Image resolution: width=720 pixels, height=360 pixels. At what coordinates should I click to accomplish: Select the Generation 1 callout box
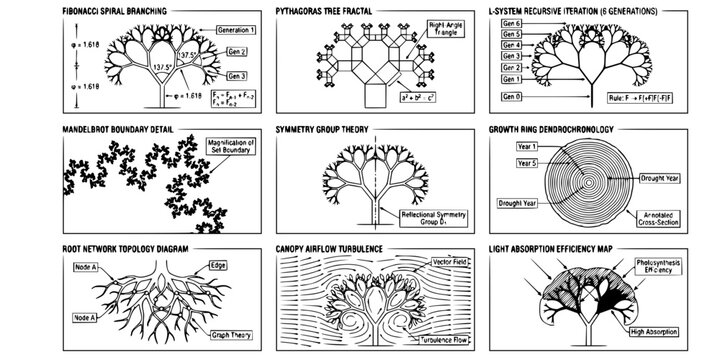(236, 31)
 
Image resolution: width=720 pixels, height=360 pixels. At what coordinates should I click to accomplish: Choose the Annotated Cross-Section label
(657, 218)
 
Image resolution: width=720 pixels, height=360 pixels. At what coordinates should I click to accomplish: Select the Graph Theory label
(231, 335)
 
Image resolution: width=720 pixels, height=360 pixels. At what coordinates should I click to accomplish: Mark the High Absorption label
(662, 332)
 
